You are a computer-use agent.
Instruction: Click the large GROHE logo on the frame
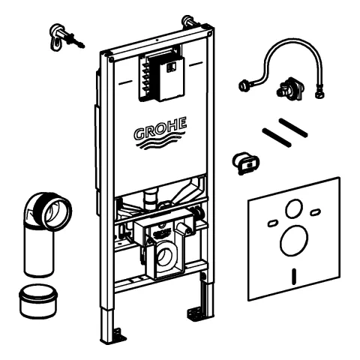click(x=160, y=133)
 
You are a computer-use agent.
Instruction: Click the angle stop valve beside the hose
click(x=290, y=88)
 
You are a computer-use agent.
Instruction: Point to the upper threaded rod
click(x=293, y=127)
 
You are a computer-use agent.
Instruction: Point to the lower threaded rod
click(x=277, y=137)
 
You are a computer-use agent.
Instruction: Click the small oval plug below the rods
click(x=245, y=163)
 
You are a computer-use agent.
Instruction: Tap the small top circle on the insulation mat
click(x=295, y=208)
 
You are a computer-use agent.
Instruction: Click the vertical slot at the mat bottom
click(x=294, y=276)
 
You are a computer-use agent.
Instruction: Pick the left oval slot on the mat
click(x=272, y=223)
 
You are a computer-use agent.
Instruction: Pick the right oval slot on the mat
click(x=316, y=212)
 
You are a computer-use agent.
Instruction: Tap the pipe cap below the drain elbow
click(x=38, y=301)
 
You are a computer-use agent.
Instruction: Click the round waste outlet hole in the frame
click(x=165, y=256)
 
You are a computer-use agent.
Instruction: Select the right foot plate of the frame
click(x=198, y=313)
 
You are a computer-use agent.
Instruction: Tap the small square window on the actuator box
click(x=172, y=67)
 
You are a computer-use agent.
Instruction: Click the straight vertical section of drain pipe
click(x=39, y=250)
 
